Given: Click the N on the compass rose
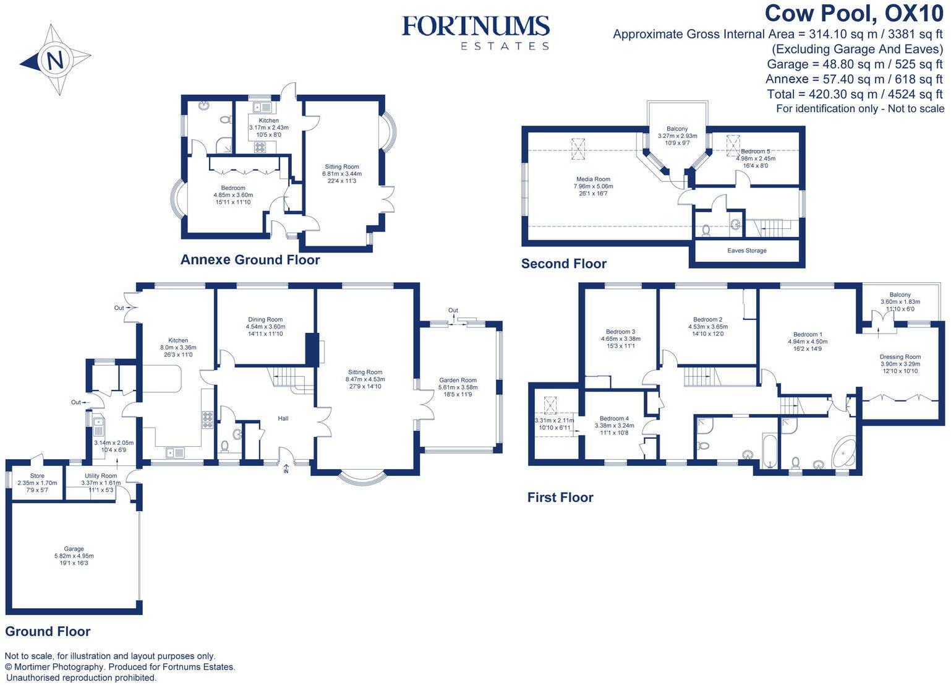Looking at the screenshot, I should [54, 61].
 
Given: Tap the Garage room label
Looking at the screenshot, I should [74, 549].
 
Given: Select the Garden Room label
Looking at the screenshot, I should [458, 381].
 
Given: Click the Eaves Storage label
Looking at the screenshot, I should [747, 251].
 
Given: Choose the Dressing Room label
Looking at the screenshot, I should [900, 357].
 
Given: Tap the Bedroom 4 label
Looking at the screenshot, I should [614, 418].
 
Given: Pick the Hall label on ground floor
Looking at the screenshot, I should [283, 419].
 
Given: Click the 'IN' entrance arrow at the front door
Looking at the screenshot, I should [286, 469].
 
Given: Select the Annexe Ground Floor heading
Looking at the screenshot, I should [250, 260].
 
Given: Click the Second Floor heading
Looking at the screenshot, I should [563, 264].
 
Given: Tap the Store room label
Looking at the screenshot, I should [37, 476].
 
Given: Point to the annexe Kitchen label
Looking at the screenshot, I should [268, 121].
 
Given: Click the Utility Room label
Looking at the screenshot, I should [101, 476].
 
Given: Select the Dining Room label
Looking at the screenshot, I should [265, 320].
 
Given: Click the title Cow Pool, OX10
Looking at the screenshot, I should [854, 14].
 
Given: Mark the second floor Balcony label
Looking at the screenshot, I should [677, 129].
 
